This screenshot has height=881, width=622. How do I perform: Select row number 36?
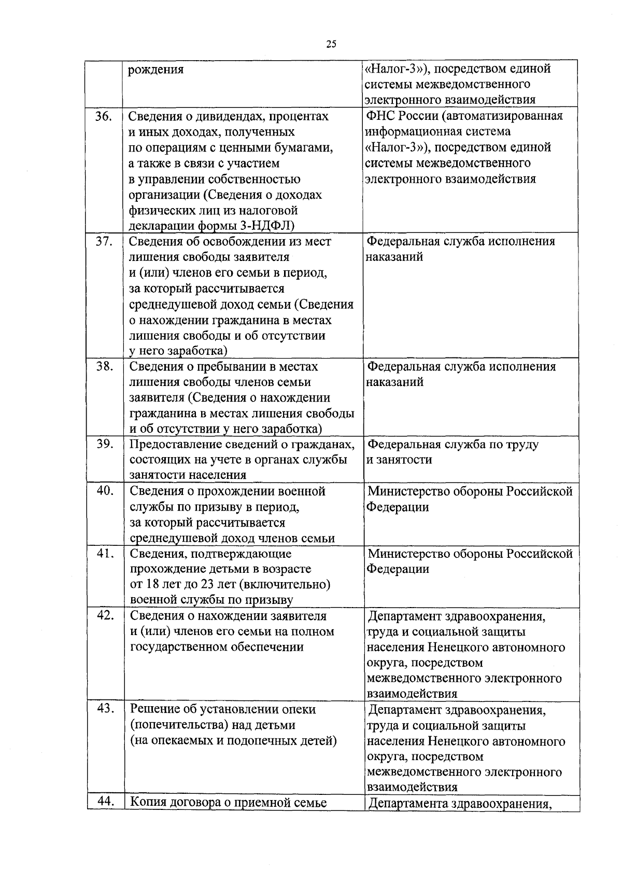pos(104,116)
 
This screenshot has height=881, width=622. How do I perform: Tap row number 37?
pos(104,241)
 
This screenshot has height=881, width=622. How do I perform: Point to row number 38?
pos(104,366)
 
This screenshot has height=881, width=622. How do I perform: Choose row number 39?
pos(104,444)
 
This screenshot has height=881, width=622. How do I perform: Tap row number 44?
pos(106,802)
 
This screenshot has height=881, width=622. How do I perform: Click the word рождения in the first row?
pos(156,70)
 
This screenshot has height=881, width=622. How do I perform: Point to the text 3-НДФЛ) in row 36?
pos(269,226)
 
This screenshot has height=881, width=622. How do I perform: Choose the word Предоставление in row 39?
pos(175,445)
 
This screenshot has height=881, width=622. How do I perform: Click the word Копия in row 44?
pos(147,803)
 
